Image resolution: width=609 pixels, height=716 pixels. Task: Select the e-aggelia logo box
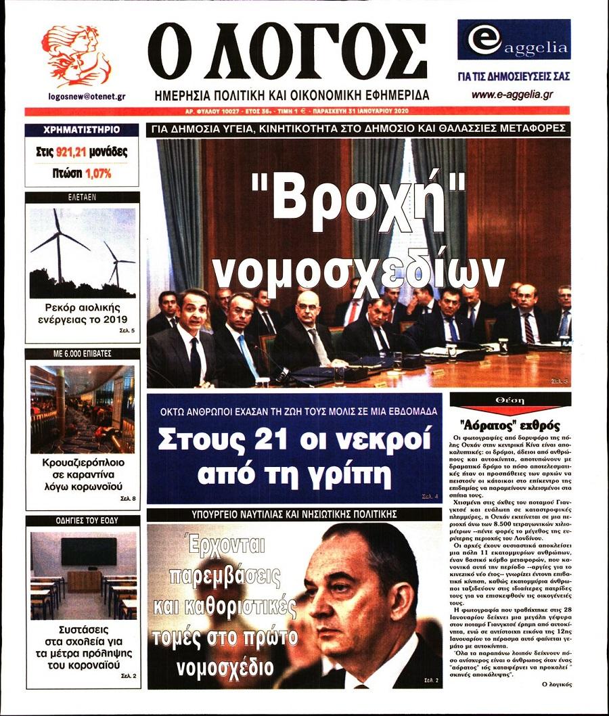[x=513, y=41]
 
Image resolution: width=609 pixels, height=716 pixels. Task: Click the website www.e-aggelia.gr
[x=512, y=95]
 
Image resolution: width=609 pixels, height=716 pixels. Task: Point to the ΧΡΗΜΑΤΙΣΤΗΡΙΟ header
[x=81, y=129]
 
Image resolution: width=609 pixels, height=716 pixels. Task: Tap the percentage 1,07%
[x=98, y=173]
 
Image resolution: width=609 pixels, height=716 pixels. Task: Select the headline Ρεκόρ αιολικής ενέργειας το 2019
[x=81, y=313]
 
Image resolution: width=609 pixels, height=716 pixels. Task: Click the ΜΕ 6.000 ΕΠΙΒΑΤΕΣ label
[x=82, y=353]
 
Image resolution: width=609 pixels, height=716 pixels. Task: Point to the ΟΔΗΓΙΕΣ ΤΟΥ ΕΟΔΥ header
[x=82, y=520]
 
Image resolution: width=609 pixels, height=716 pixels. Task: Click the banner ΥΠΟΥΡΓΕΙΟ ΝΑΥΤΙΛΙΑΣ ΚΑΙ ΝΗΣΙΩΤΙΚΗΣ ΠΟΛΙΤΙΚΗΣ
[x=294, y=514]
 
